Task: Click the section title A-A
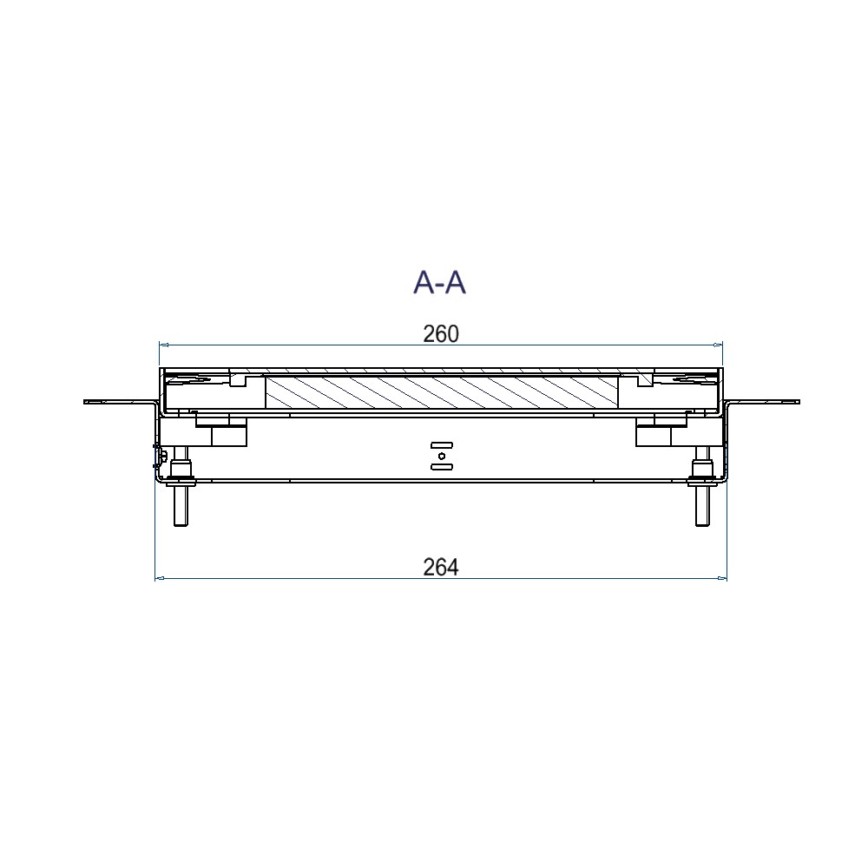point(439,283)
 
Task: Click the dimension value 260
point(441,334)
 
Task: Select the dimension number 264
point(441,568)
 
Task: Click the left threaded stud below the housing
point(181,487)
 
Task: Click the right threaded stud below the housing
point(702,487)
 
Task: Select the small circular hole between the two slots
point(441,457)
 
